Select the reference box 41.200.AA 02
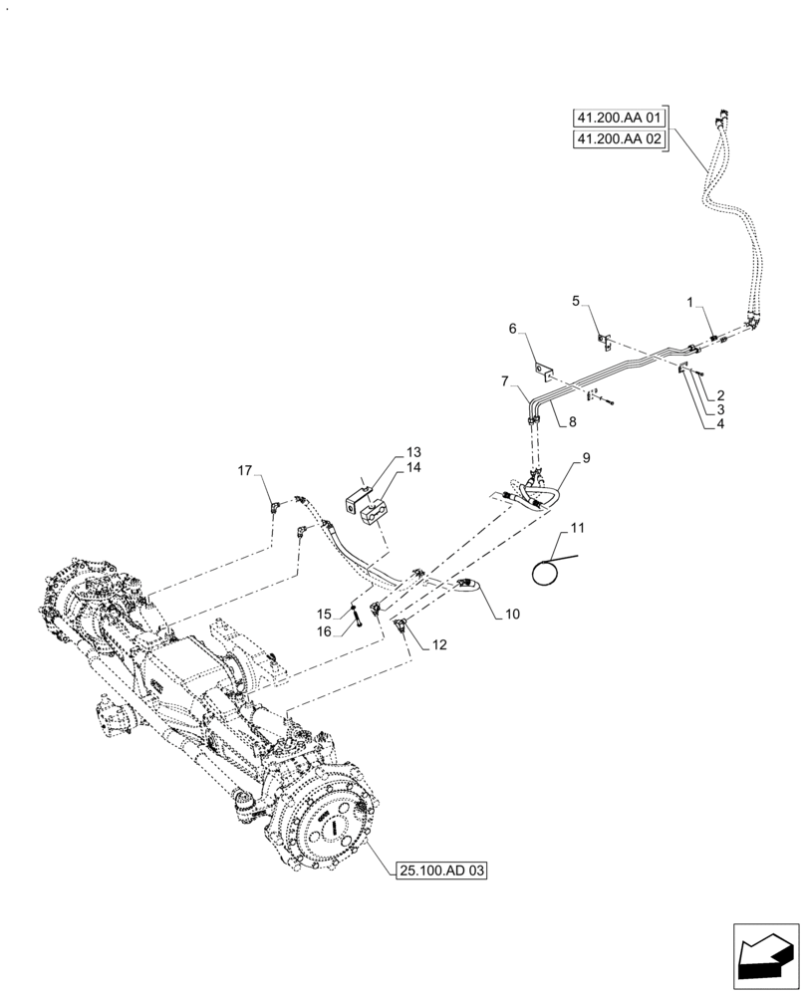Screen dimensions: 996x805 click(619, 140)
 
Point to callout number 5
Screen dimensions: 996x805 click(576, 300)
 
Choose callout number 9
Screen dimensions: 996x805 click(587, 457)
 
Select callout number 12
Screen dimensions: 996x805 click(439, 644)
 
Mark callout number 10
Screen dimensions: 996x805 click(511, 615)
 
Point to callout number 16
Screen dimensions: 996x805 click(324, 630)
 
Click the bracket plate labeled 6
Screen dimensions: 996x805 click(544, 373)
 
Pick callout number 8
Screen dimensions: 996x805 click(572, 422)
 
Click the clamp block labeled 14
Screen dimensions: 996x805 click(376, 515)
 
